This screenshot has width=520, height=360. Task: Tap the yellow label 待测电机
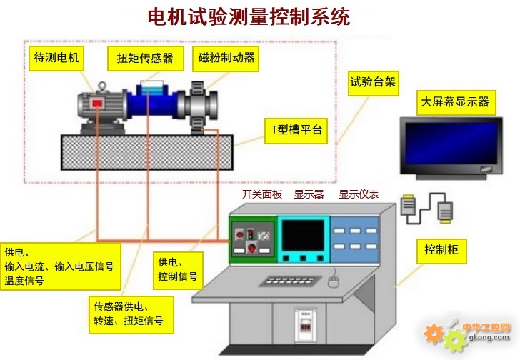[58, 56]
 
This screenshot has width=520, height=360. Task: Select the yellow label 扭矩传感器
[145, 58]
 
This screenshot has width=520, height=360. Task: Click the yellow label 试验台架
[371, 81]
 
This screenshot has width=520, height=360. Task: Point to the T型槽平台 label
[296, 130]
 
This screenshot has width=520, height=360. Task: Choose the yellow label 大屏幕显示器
[454, 102]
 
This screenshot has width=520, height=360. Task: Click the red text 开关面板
[262, 194]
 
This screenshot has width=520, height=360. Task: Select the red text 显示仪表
[359, 194]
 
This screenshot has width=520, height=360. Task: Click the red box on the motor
[97, 105]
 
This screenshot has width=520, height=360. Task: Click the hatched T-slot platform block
[146, 151]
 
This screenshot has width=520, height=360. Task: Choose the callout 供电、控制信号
[178, 269]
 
